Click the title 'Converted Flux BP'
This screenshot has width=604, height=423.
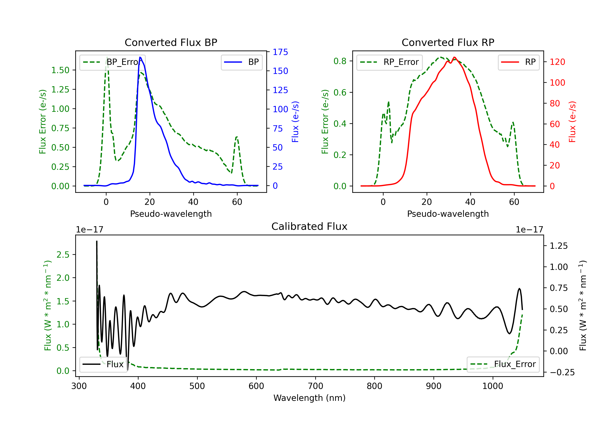click(x=171, y=42)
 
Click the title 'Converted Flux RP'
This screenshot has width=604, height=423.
click(x=448, y=42)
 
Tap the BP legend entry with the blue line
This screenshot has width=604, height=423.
click(x=241, y=62)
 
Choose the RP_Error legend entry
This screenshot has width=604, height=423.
click(x=389, y=62)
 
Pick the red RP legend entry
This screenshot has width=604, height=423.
click(x=518, y=62)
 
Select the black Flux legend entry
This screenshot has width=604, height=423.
click(x=103, y=364)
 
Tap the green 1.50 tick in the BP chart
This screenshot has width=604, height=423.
click(x=60, y=70)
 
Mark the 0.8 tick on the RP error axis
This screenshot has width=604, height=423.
click(x=340, y=61)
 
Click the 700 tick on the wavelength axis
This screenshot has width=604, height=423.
click(x=315, y=386)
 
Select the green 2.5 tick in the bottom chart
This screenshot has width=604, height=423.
click(x=63, y=255)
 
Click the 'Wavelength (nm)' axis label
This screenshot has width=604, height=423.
click(x=309, y=398)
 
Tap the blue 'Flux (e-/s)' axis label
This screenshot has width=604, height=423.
click(x=295, y=122)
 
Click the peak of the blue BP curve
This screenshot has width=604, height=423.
click(x=140, y=57)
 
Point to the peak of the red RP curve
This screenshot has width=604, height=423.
click(x=454, y=57)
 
